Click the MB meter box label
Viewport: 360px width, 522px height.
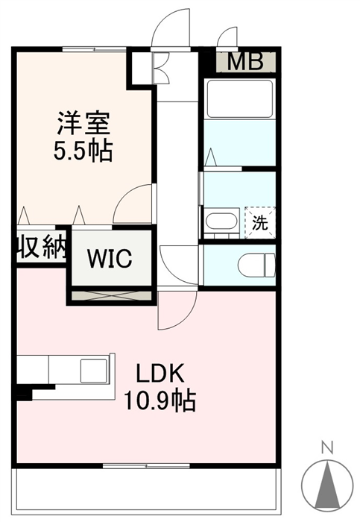click(x=245, y=62)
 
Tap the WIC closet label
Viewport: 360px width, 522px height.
click(x=110, y=258)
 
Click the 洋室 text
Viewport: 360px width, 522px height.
click(x=83, y=123)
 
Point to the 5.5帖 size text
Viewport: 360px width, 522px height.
click(x=83, y=151)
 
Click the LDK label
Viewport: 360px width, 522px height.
click(x=160, y=373)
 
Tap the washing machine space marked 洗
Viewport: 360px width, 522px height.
click(x=260, y=222)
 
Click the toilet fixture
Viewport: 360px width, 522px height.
click(x=256, y=265)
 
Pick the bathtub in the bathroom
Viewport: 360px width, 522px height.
click(x=239, y=98)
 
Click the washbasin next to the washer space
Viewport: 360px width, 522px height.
click(x=221, y=222)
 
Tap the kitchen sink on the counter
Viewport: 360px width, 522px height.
click(x=94, y=371)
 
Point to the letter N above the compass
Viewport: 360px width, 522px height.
click(x=327, y=448)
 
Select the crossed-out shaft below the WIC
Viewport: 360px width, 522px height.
click(x=112, y=295)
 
